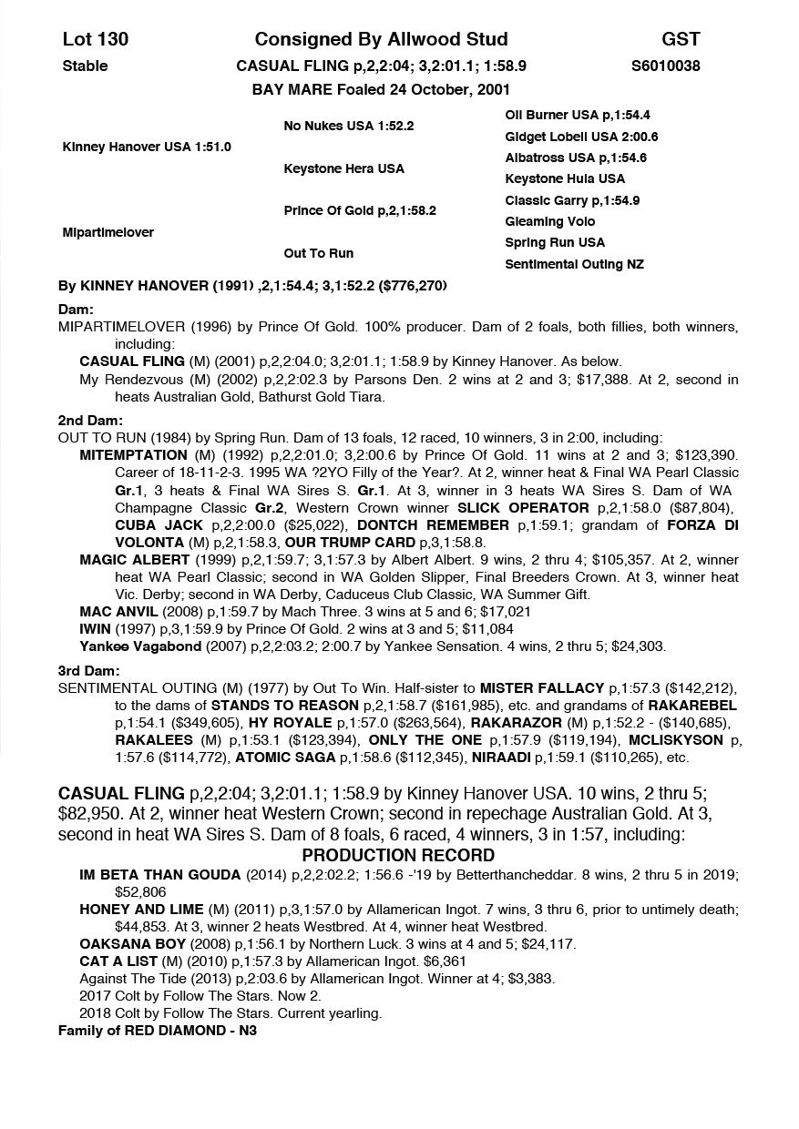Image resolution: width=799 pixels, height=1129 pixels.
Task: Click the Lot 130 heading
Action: pos(96,39)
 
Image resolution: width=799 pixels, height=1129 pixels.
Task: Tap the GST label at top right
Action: pos(681,39)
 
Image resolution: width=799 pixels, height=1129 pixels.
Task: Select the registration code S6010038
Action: pos(665,66)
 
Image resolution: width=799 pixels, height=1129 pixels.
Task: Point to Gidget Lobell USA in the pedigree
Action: pos(581,137)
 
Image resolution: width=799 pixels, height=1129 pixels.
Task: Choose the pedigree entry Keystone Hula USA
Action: pos(565,178)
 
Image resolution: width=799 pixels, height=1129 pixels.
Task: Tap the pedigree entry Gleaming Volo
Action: pos(550,221)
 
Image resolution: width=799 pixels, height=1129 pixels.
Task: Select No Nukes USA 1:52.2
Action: pos(349,126)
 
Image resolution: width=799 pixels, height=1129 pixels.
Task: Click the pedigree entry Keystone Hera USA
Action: pos(344,168)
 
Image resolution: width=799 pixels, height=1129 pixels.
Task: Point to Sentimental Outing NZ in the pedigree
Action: pos(574,264)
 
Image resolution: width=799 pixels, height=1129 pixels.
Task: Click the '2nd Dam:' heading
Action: pos(89,421)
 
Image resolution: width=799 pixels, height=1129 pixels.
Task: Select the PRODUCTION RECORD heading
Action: pos(398,856)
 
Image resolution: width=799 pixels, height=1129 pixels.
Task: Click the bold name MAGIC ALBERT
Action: pos(134,560)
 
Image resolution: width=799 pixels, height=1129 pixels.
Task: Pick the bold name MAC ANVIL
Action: pos(118,612)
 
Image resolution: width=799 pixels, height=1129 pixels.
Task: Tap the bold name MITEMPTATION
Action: pos(133,455)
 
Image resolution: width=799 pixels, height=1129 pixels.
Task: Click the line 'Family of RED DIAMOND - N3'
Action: pos(158,1032)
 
